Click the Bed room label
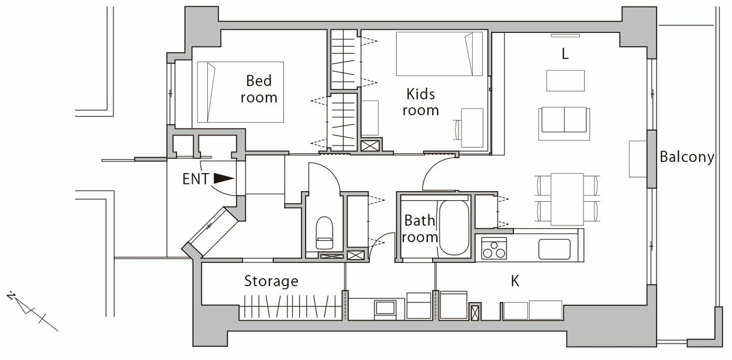(x=259, y=89)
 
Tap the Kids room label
(x=420, y=102)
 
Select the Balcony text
(x=687, y=158)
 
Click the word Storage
(x=271, y=281)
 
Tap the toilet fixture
(x=324, y=233)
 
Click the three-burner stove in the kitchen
(x=494, y=250)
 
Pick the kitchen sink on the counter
(x=554, y=249)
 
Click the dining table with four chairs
(x=567, y=199)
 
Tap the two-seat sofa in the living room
(x=564, y=119)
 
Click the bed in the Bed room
(x=240, y=92)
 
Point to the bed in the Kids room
(x=439, y=54)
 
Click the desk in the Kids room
(x=471, y=127)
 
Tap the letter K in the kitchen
(x=515, y=281)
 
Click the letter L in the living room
(x=565, y=54)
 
